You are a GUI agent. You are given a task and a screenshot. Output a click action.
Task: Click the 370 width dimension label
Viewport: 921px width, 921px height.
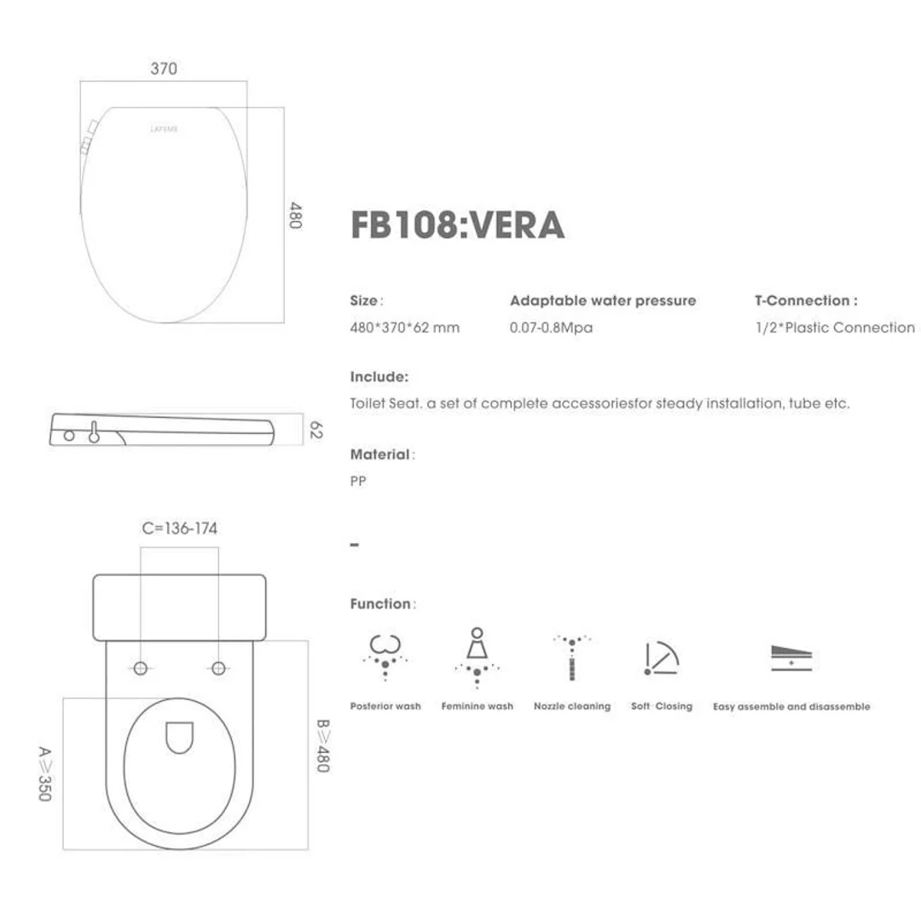164,69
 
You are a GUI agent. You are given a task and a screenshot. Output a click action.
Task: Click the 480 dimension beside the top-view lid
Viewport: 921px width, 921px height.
295,215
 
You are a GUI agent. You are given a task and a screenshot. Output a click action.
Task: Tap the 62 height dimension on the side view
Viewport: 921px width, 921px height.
315,429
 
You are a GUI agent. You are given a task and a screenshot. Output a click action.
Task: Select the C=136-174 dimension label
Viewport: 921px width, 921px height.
179,529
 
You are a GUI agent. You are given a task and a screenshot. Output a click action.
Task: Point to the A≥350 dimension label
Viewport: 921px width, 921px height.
45,773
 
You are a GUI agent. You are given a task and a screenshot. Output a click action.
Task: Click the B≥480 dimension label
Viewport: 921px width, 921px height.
322,745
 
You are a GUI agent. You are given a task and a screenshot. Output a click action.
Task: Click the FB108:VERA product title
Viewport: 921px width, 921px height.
457,225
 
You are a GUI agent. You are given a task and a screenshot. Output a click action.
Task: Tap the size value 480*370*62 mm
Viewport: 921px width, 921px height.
404,327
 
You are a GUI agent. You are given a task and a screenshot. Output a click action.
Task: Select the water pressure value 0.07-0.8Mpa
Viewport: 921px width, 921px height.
551,327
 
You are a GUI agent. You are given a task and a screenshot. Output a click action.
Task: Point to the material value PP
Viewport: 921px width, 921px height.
358,482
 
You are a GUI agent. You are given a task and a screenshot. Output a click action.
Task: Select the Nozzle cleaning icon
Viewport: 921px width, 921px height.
571,657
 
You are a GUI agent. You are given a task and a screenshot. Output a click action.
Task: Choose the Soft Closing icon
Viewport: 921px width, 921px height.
661,657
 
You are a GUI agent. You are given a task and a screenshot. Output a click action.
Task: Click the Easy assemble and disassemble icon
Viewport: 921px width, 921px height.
791,657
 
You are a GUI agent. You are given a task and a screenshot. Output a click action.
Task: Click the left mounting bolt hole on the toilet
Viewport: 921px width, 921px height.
141,668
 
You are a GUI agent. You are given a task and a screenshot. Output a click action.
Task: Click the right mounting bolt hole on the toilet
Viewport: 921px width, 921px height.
218,668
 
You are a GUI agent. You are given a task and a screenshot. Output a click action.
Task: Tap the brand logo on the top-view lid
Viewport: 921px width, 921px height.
164,130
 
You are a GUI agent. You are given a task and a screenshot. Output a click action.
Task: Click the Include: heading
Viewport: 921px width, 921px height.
379,377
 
